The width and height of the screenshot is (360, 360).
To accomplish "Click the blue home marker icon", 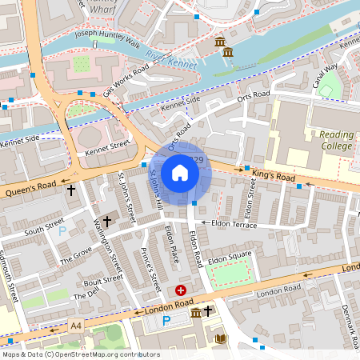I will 180,172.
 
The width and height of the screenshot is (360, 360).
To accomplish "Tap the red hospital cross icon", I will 181,290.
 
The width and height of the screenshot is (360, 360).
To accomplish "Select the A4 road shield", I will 75,326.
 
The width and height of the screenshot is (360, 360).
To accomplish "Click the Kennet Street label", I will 107,146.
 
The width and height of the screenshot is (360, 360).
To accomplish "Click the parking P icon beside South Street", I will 62,231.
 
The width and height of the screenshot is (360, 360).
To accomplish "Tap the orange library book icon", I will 222,340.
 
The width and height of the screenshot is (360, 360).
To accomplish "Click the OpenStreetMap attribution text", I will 80,354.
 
